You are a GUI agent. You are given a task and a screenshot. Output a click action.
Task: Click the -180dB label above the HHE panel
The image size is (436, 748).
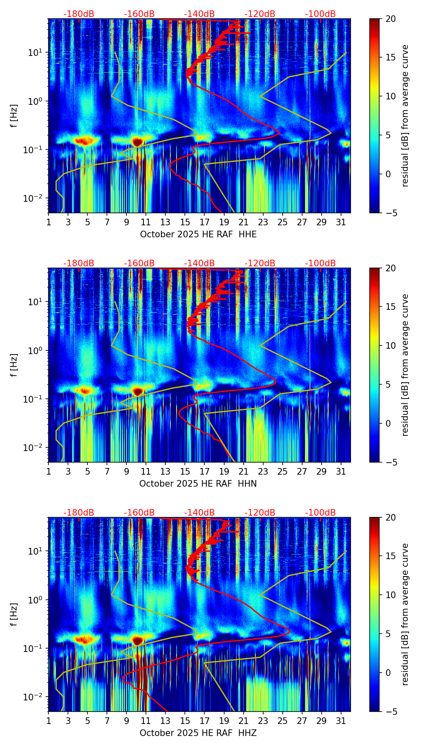click(79, 14)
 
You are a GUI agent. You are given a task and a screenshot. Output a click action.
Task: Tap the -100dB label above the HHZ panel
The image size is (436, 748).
click(320, 513)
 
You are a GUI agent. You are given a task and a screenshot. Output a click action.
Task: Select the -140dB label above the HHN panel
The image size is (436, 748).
click(199, 263)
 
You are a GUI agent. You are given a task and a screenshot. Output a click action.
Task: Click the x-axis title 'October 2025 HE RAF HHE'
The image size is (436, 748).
click(198, 234)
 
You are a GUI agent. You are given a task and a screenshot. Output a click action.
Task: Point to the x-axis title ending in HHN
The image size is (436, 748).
click(198, 484)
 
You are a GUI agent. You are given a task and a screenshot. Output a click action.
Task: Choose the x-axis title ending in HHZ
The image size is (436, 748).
click(198, 733)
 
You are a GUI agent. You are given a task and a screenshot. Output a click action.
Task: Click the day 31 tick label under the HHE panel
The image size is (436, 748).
click(341, 222)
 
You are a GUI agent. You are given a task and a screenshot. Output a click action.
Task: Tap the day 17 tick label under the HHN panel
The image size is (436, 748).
click(205, 471)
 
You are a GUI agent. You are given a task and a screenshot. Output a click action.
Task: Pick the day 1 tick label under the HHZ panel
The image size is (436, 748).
click(48, 721)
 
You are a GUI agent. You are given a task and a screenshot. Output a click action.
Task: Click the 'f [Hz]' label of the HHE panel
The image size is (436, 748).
click(14, 116)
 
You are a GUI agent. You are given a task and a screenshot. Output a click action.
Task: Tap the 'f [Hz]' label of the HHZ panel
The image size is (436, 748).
click(14, 615)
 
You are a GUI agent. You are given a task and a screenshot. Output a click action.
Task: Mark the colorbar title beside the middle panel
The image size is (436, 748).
click(405, 365)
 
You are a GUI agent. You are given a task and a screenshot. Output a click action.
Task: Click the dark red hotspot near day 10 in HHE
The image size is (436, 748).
click(138, 142)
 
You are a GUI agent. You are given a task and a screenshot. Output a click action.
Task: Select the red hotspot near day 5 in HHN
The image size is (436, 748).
click(85, 391)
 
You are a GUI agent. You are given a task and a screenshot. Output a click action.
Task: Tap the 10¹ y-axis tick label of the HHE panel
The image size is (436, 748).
click(36, 53)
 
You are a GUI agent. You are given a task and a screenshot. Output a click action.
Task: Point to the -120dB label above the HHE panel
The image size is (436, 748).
click(260, 14)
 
